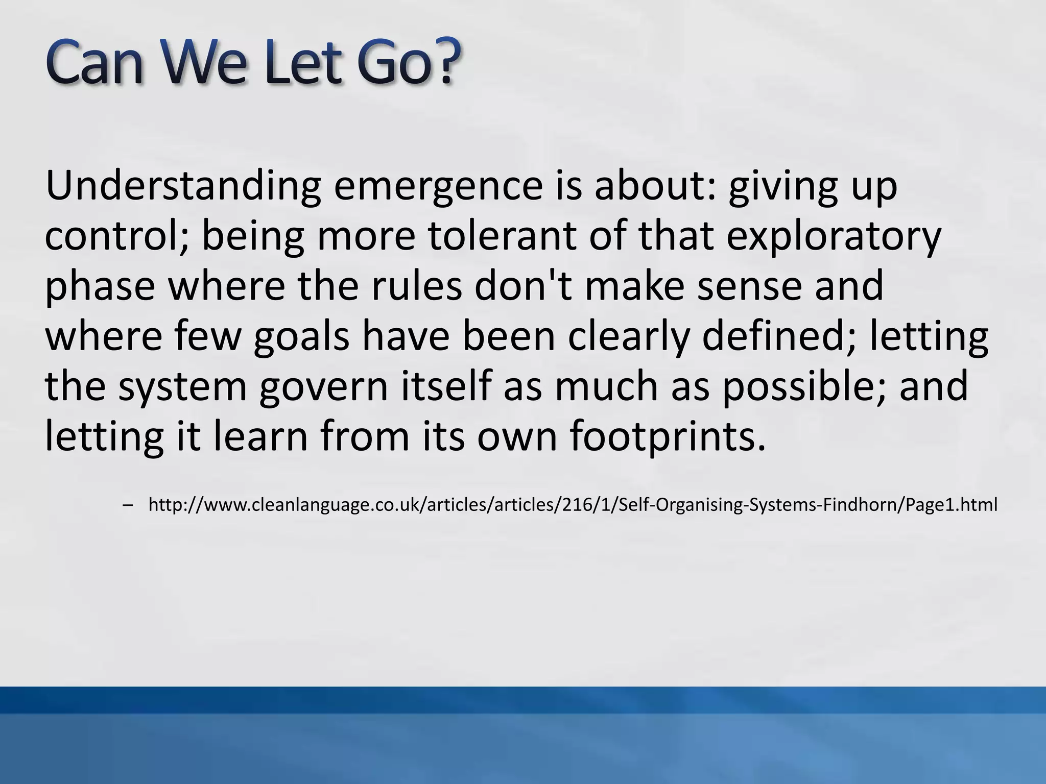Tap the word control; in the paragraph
116,237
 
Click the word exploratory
833,237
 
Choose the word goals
301,337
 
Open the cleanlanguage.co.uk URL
572,505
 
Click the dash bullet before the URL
128,505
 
